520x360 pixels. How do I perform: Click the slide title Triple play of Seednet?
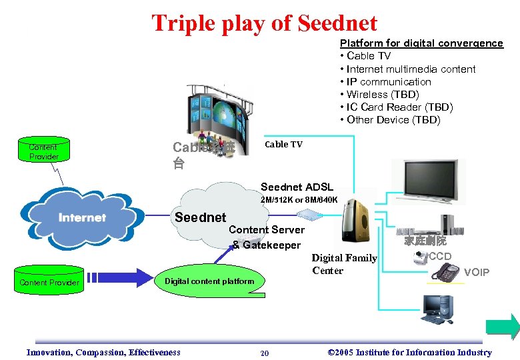click(x=264, y=23)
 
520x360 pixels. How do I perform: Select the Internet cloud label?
click(x=82, y=217)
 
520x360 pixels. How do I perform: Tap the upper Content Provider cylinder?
click(x=43, y=151)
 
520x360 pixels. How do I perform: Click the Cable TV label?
click(x=283, y=144)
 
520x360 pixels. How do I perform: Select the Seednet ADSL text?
click(x=297, y=187)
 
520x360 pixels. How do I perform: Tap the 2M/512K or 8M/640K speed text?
click(x=299, y=199)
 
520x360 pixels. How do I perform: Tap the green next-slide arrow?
click(x=502, y=326)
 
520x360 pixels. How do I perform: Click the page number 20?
click(x=264, y=353)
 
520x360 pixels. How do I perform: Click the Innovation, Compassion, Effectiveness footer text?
click(x=103, y=353)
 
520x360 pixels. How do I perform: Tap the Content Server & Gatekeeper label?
click(x=267, y=237)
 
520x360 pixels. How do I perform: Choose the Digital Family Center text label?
click(x=344, y=264)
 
